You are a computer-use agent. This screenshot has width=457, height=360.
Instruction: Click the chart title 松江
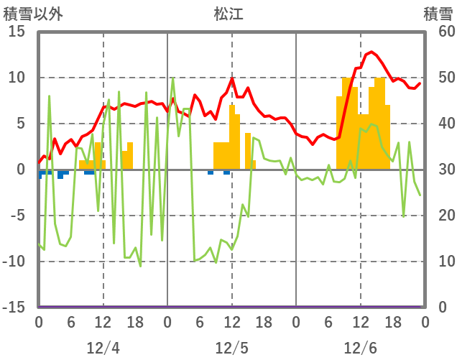(x=228, y=14)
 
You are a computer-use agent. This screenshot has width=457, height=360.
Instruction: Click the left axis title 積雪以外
(x=33, y=14)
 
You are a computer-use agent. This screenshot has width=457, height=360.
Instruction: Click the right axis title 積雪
(x=438, y=14)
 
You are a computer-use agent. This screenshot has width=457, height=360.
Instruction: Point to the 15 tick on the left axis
(x=17, y=32)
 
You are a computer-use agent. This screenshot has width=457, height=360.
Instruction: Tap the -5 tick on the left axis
(x=17, y=216)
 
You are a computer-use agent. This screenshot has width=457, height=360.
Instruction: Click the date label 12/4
(x=103, y=348)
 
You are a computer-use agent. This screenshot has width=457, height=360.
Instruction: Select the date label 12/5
(x=231, y=348)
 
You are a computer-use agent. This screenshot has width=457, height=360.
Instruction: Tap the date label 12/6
(x=360, y=348)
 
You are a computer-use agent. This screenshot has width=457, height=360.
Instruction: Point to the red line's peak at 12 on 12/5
(x=232, y=78)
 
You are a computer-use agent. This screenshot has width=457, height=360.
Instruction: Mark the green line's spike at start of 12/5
(x=173, y=78)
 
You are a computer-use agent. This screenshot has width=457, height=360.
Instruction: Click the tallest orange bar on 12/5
(x=231, y=137)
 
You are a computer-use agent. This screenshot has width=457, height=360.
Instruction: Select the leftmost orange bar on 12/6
(x=340, y=133)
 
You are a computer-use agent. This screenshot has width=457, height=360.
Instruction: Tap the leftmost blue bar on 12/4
(x=40, y=174)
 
